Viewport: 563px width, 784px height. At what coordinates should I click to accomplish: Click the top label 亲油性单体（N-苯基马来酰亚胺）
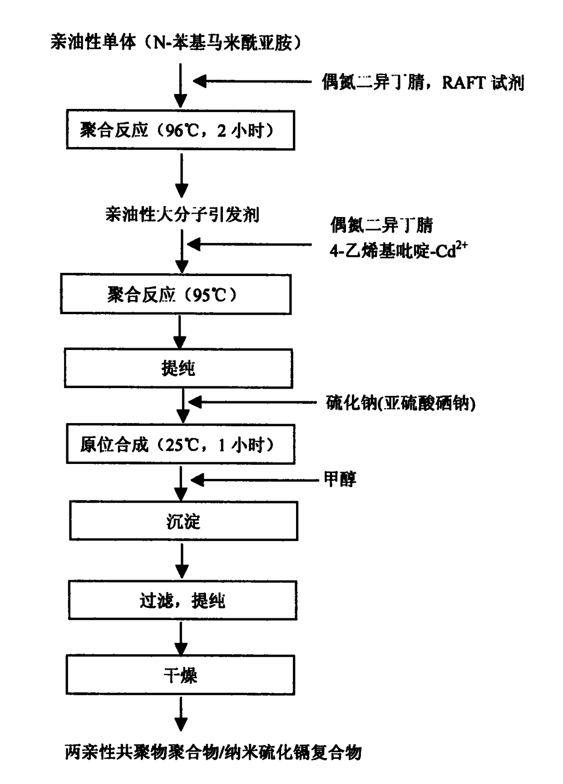click(x=176, y=42)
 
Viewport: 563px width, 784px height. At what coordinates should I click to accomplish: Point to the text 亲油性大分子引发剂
click(x=183, y=214)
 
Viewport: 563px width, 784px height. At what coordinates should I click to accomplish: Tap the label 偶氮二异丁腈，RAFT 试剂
click(x=423, y=82)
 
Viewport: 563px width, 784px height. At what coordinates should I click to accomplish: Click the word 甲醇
click(x=340, y=479)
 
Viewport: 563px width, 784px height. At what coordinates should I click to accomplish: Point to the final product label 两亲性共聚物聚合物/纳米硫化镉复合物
click(x=213, y=753)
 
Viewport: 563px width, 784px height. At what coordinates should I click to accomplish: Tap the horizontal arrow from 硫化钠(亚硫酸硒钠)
click(x=252, y=402)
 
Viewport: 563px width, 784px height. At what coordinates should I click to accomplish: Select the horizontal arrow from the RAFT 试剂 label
click(x=252, y=81)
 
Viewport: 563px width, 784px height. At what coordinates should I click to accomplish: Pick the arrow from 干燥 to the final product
click(x=181, y=714)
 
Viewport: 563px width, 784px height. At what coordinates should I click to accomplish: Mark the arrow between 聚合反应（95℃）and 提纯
click(x=180, y=332)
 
